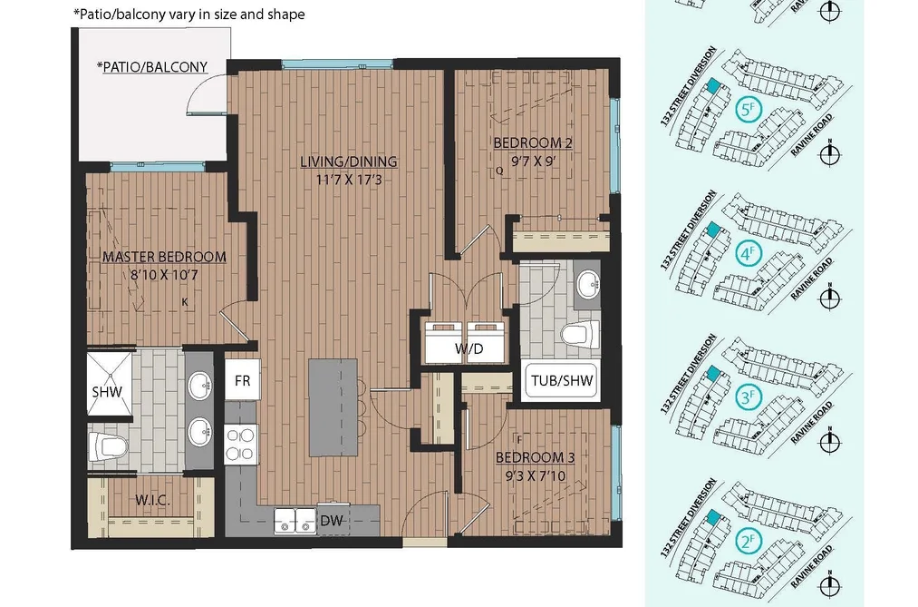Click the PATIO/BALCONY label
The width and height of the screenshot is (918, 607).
[152, 67]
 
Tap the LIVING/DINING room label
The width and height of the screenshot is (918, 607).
[348, 162]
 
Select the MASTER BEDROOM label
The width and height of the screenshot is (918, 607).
[164, 257]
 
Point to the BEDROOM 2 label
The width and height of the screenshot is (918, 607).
[533, 142]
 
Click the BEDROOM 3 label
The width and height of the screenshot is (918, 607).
[535, 457]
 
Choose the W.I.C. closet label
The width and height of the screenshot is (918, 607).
[153, 500]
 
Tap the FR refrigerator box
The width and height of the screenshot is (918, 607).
[242, 379]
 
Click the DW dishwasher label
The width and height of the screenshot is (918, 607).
[332, 520]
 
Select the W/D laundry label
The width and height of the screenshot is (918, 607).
[469, 349]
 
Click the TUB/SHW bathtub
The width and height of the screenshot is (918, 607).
[562, 381]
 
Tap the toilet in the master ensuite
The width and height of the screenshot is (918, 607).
[109, 447]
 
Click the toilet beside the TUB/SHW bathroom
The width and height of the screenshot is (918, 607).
[580, 335]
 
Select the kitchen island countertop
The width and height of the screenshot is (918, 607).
[333, 407]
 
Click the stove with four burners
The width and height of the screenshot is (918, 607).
[241, 444]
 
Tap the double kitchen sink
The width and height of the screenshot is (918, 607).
[295, 521]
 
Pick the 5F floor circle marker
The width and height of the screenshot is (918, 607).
[747, 110]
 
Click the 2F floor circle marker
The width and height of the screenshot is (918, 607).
[747, 542]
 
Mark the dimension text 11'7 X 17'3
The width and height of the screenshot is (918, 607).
[349, 180]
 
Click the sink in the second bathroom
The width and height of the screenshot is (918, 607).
[586, 285]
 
